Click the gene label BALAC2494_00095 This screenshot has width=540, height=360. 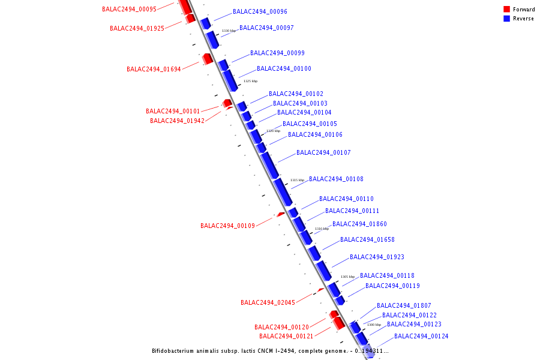[129, 9]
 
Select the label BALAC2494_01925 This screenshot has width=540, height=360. [137, 28]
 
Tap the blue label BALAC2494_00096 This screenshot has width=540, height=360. [260, 11]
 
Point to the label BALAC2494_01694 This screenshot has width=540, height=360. [154, 69]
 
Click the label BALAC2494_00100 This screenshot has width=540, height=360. [284, 68]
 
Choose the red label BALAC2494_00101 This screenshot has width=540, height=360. [173, 111]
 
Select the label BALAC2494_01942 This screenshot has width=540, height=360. [177, 121]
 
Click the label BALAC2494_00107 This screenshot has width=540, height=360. [323, 152]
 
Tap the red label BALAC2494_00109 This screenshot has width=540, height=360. [227, 226]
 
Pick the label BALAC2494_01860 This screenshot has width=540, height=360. [359, 224]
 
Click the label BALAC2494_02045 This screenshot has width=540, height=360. [268, 302]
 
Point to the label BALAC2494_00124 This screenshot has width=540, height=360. [421, 336]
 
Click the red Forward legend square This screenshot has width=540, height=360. [506, 9]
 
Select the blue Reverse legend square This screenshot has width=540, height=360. [506, 18]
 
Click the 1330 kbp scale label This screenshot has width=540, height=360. [229, 31]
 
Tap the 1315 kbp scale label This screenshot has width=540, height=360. [297, 180]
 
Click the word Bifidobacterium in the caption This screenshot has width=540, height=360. [173, 351]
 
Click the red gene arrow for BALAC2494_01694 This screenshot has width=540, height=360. [208, 59]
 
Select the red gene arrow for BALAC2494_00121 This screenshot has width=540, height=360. [339, 323]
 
